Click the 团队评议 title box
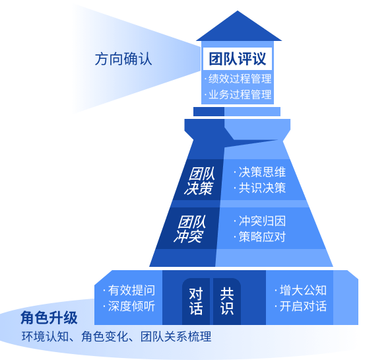(238, 59)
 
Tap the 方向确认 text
(123, 59)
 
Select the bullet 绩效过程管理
(238, 79)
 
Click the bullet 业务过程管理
(238, 94)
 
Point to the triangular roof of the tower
(238, 28)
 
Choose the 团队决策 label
(199, 181)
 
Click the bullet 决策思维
(260, 172)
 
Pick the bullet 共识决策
(260, 188)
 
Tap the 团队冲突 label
(189, 229)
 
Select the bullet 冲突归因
(260, 221)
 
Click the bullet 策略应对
(260, 236)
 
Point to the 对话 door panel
(196, 301)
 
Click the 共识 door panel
(227, 301)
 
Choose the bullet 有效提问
(129, 291)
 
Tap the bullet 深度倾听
(129, 306)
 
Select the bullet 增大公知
(300, 291)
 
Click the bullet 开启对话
(300, 306)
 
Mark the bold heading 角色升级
(49, 318)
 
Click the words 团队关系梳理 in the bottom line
(176, 336)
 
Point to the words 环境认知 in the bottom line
(45, 336)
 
